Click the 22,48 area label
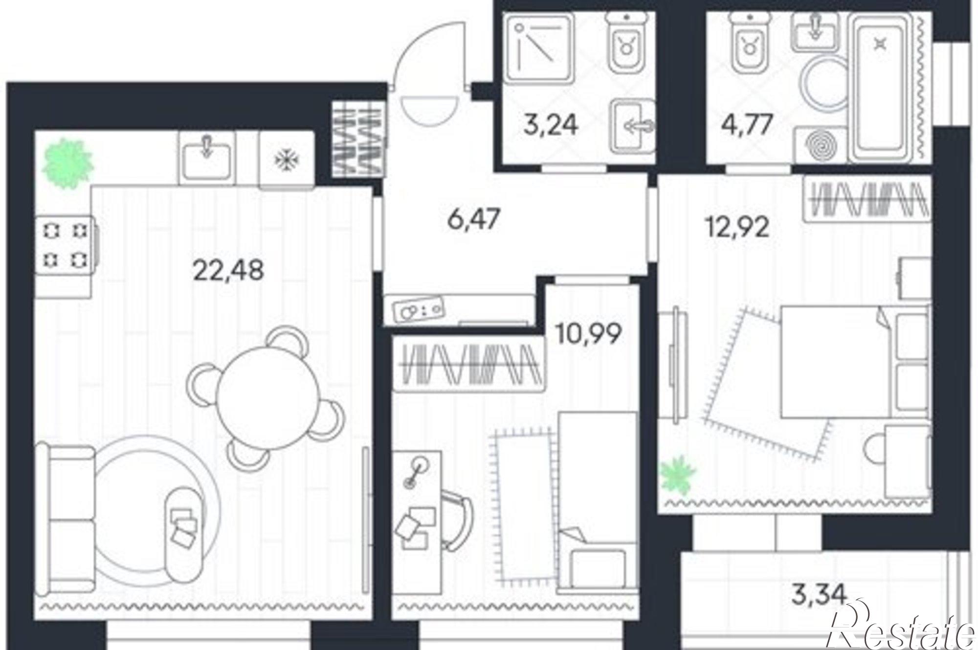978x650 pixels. tap(228, 270)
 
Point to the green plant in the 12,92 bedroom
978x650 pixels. tap(677, 473)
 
